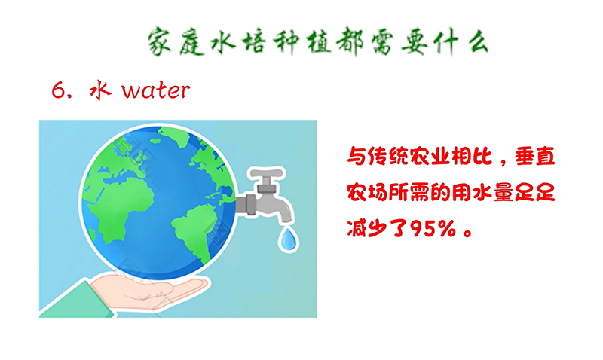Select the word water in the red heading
(x=156, y=90)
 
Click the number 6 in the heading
(x=58, y=91)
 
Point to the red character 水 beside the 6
(x=101, y=90)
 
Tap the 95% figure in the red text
(x=433, y=229)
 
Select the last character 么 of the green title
(x=479, y=42)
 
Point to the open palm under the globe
(x=154, y=291)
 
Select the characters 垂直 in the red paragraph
(x=535, y=157)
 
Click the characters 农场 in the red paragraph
(x=367, y=193)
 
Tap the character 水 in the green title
(x=223, y=42)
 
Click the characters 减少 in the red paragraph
(x=367, y=229)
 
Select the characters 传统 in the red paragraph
(x=387, y=157)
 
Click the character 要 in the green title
(x=415, y=42)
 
